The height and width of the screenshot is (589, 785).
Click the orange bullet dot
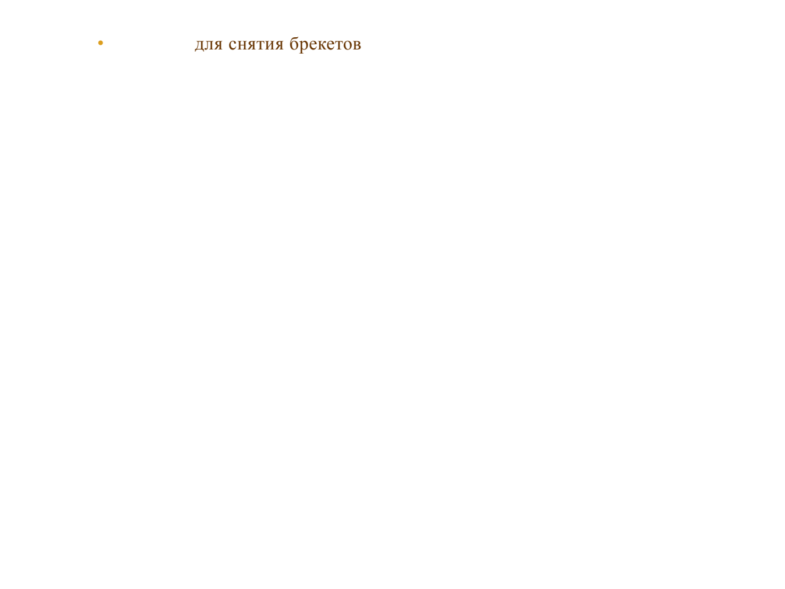tap(101, 43)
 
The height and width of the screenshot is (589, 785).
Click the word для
tap(209, 44)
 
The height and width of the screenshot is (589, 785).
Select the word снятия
tap(256, 44)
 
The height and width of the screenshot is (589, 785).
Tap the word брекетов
tap(326, 44)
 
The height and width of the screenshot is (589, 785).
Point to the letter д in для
tap(199, 45)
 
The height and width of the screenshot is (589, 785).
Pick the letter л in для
tap(209, 44)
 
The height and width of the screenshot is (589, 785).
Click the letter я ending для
tap(218, 44)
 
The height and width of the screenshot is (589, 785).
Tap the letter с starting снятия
tap(233, 44)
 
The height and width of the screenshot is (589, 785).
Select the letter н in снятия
tap(241, 44)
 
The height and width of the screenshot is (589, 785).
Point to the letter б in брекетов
tap(294, 43)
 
